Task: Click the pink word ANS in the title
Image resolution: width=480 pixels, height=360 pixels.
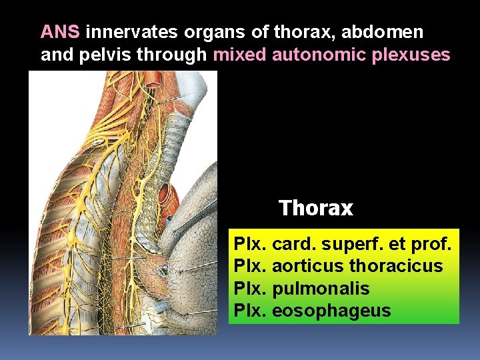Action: tap(61, 32)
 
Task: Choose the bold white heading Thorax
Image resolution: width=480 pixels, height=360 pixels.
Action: tap(315, 209)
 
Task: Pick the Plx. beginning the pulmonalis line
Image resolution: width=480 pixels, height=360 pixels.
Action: tap(251, 289)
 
